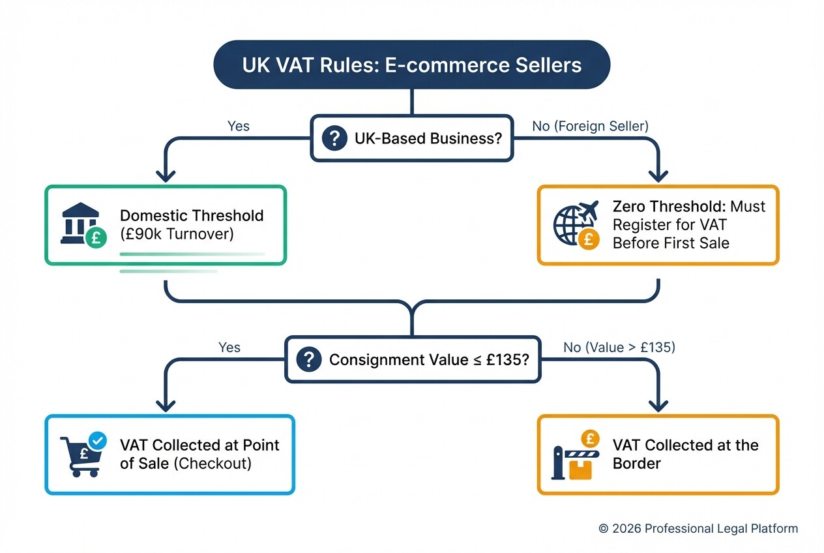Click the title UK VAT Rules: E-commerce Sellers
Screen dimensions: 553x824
pos(412,65)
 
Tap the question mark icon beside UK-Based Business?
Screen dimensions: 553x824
pos(334,138)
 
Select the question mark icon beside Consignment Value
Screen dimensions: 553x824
pos(308,359)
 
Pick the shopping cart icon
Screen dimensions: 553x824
pos(83,454)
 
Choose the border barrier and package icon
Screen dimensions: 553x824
pos(574,455)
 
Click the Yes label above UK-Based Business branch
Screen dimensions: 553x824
pos(239,126)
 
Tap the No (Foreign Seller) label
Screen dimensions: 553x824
pos(590,126)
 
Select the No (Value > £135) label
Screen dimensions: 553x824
pos(619,347)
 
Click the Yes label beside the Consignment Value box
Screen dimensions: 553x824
pos(229,347)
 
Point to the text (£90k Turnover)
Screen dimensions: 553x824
pos(177,233)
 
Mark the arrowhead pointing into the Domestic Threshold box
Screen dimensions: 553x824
pos(165,175)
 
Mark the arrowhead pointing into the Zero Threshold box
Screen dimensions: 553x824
pos(658,175)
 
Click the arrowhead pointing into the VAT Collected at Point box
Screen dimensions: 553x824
pos(165,404)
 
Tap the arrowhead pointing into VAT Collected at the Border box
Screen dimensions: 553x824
pos(658,404)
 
